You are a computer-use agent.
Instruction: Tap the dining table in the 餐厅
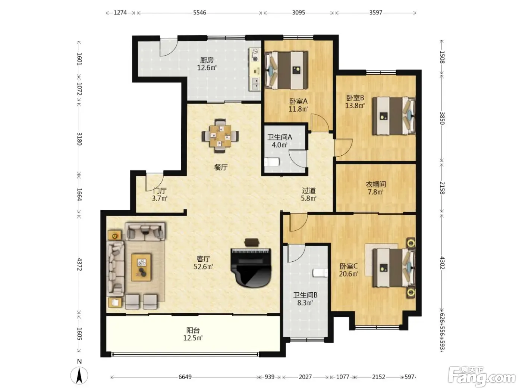(220, 136)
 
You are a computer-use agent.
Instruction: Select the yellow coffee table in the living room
(141, 267)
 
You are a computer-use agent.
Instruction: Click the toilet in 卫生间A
(272, 162)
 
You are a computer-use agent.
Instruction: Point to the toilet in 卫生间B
(320, 273)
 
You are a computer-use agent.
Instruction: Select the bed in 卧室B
(394, 116)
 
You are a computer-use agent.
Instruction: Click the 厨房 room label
(207, 60)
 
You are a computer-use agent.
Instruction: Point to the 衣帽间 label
(375, 184)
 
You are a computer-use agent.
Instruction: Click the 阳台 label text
(193, 330)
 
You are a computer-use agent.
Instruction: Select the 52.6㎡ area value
(203, 266)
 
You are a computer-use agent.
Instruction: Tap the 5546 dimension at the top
(199, 13)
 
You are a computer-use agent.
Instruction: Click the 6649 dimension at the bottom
(185, 377)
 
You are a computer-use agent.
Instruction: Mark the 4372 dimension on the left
(79, 264)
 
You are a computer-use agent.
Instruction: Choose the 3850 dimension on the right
(442, 118)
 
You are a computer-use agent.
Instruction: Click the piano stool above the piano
(252, 242)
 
